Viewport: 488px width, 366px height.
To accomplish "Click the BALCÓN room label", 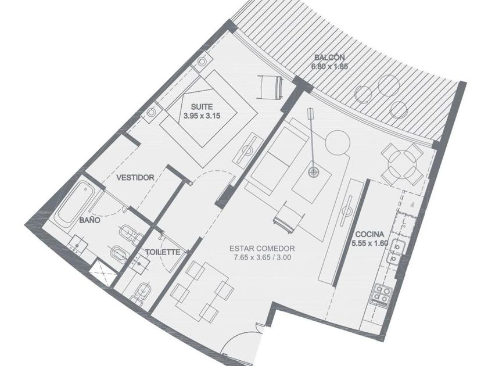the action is click(329, 58).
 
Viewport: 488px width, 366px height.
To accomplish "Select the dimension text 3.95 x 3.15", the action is click(202, 116).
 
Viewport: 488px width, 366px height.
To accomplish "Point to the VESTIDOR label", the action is click(135, 178).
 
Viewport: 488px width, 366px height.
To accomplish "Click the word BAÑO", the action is click(89, 220).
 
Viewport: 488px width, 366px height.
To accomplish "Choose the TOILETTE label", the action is click(163, 252).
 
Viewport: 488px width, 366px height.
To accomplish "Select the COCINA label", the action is click(369, 234).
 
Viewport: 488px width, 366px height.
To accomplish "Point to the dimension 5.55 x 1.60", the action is click(370, 243).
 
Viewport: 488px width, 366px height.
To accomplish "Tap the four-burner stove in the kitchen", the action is click(382, 293).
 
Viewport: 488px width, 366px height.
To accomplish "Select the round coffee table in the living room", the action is click(337, 142).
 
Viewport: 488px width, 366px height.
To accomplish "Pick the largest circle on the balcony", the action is click(389, 84).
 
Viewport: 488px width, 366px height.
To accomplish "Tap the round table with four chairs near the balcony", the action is click(403, 164).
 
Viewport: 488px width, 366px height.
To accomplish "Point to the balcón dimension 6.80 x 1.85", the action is click(329, 66).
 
